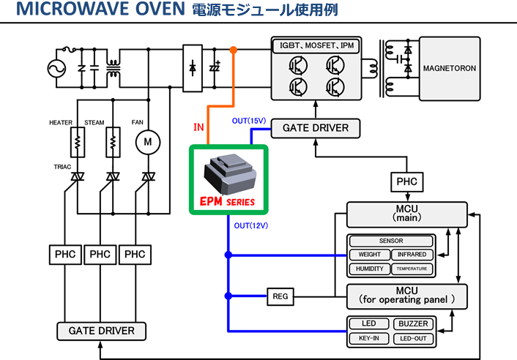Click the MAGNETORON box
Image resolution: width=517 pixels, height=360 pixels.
(449, 68)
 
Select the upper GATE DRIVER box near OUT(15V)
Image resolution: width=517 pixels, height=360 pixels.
(316, 129)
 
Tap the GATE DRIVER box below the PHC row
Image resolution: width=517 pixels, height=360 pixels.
(101, 331)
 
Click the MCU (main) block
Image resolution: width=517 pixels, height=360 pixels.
(405, 214)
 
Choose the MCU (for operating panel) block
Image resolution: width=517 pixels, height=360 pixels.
(405, 296)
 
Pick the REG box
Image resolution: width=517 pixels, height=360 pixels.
(280, 296)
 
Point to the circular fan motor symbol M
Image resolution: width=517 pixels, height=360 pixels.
(149, 140)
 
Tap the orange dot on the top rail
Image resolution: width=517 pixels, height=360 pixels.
(233, 50)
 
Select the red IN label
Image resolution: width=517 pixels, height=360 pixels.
(198, 127)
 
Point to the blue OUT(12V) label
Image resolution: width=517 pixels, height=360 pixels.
(251, 225)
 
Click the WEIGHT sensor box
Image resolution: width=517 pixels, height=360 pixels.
(369, 255)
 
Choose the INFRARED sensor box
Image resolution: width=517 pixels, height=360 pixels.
(412, 255)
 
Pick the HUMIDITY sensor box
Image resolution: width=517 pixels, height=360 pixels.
(369, 269)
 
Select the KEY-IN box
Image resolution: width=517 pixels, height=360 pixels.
(369, 338)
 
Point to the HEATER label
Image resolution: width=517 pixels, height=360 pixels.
(62, 121)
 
